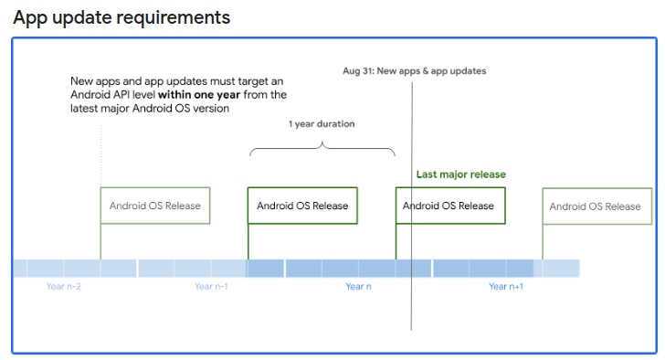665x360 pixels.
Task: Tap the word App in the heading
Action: (30, 17)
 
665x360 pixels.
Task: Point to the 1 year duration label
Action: (322, 123)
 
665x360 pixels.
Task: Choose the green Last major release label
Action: (460, 175)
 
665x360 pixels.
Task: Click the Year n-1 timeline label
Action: (211, 287)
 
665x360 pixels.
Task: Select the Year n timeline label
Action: (358, 287)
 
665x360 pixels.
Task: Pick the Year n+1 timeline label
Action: (506, 287)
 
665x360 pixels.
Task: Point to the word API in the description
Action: (118, 94)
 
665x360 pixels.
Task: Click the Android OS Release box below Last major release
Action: (449, 206)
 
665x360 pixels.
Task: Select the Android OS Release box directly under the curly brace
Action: (302, 206)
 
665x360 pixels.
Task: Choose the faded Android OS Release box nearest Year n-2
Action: (155, 206)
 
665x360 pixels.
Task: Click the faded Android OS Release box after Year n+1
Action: (596, 206)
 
